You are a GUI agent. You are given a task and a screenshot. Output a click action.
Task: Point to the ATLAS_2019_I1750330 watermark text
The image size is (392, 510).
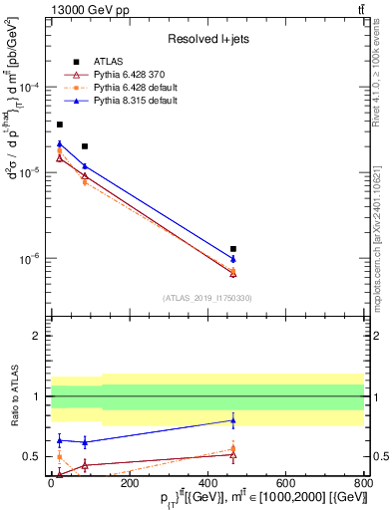[207, 298]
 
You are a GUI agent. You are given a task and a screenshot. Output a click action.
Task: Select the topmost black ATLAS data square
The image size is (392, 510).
[59, 125]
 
